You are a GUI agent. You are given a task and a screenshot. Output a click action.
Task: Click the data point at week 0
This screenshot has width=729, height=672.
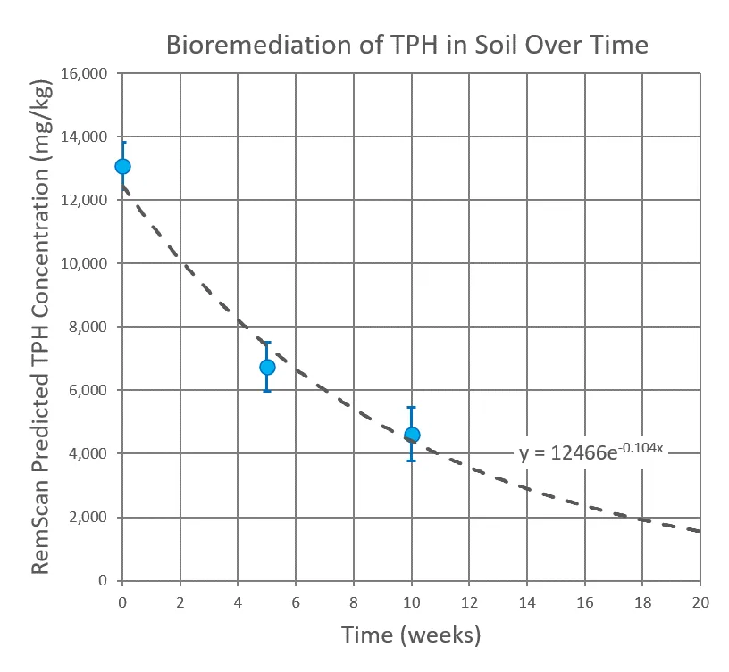pos(122,166)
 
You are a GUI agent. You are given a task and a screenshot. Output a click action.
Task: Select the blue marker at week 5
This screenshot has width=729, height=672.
pos(267,367)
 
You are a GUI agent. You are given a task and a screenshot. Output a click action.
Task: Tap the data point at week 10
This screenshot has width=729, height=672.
pos(412,435)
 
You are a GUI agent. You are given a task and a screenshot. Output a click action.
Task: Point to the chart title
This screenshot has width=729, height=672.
pos(406,45)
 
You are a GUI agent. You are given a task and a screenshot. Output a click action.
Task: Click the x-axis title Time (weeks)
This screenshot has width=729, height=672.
pos(411,635)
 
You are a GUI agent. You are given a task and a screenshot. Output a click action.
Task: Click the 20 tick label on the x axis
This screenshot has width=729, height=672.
pos(700,602)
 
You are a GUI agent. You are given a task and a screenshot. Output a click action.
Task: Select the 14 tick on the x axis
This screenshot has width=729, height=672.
pos(527,602)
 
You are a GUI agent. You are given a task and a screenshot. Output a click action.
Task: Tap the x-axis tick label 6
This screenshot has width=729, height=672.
pos(296,602)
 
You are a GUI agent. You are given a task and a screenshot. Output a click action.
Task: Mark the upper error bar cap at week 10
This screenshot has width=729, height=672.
pos(412,407)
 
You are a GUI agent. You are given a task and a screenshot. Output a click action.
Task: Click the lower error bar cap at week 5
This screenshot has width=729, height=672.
pos(267,391)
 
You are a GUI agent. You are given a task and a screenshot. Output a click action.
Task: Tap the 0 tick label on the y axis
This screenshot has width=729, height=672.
pos(104,581)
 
